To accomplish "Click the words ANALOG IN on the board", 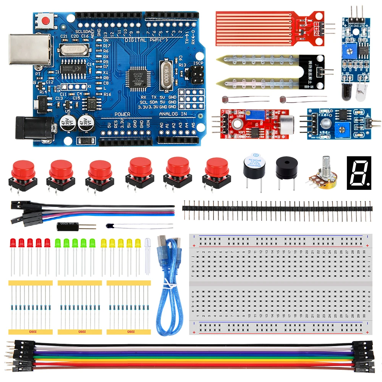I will pos(173,114).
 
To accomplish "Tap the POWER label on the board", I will pos(122,114).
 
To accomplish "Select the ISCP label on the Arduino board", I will pos(198,63).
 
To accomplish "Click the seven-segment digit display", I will pos(359,173).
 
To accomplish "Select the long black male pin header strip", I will pos(277,209).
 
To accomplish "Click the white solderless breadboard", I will pos(280,285).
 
